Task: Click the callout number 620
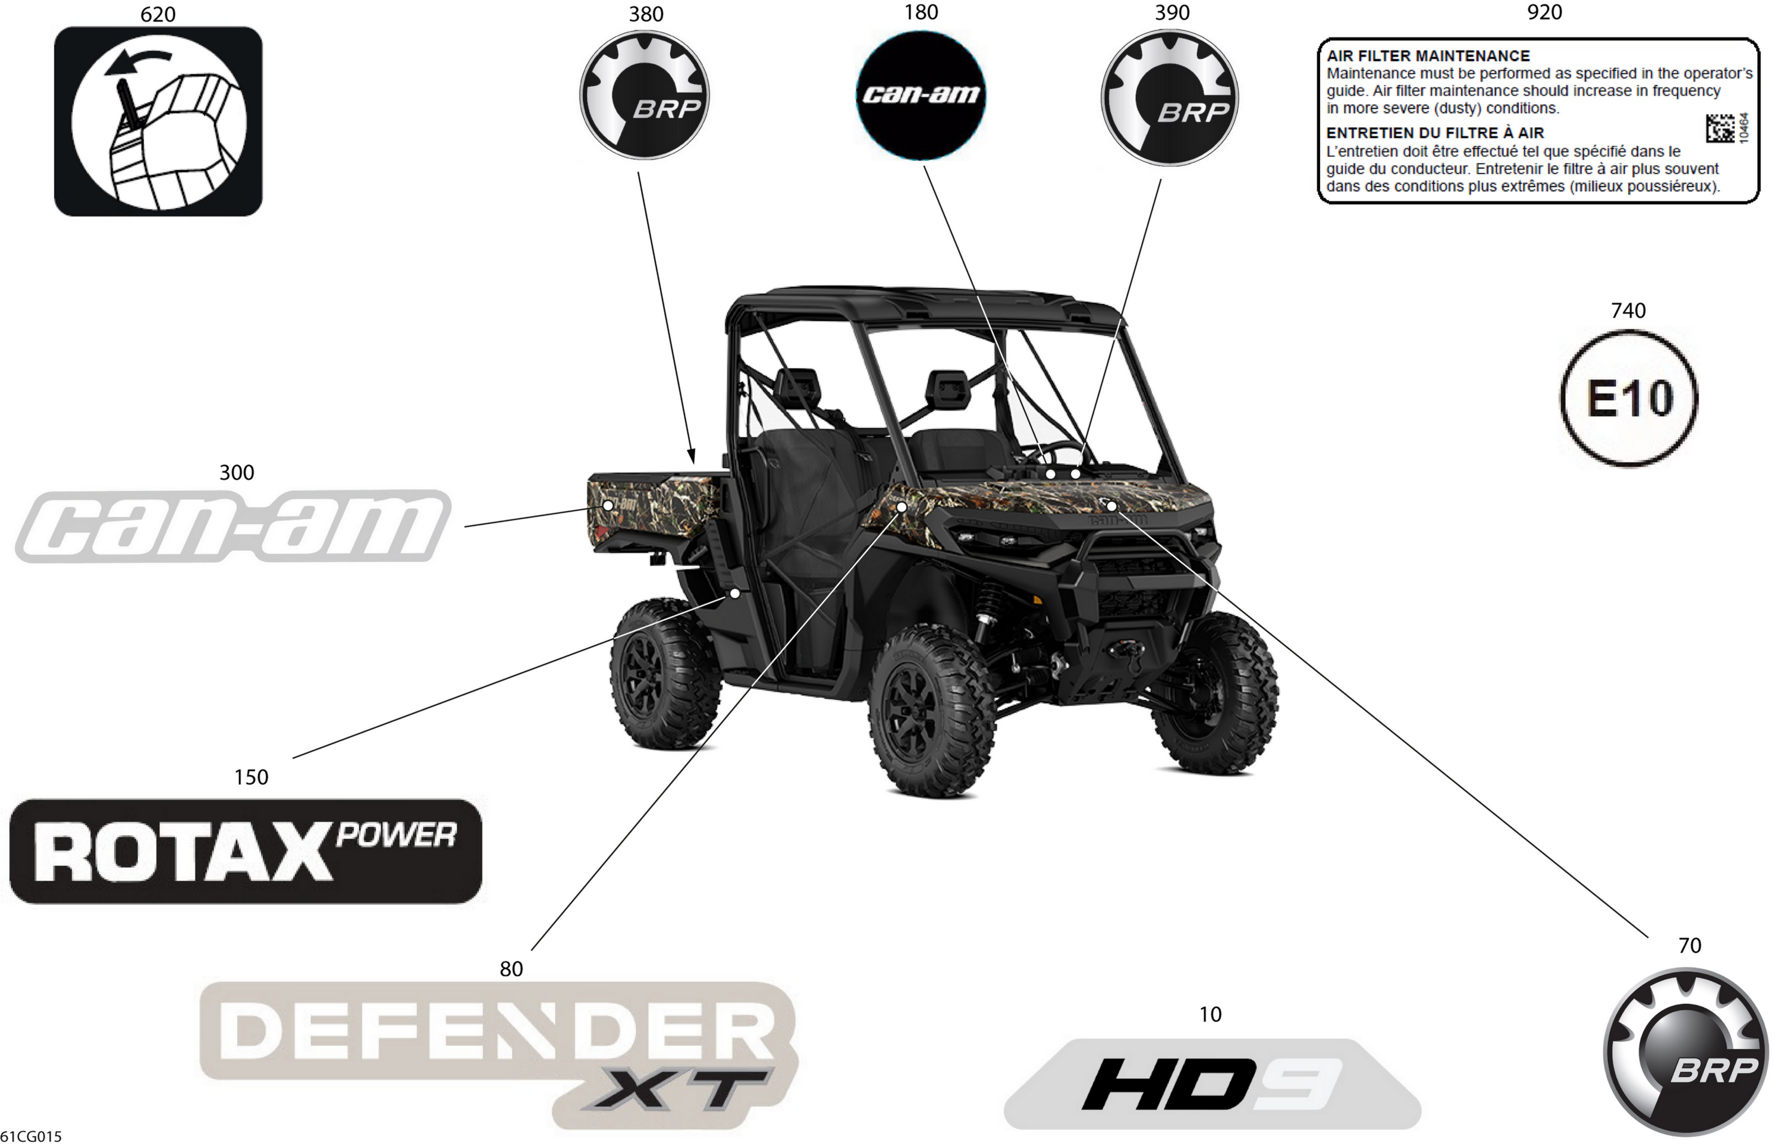pos(158,14)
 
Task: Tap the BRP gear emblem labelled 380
pos(644,95)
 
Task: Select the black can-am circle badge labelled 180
pos(921,95)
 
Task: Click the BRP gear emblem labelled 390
pos(1170,98)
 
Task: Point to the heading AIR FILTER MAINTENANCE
pos(1428,56)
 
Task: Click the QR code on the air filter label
pos(1720,128)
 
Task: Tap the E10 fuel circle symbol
pos(1629,398)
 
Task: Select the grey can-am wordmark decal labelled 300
pos(233,526)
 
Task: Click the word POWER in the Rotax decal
pos(396,835)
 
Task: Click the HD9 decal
pos(1212,1084)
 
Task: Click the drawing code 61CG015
pos(32,1136)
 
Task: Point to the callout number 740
pos(1629,310)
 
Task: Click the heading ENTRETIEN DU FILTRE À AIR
pos(1435,133)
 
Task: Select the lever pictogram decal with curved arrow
pos(158,121)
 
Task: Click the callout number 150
pos(251,777)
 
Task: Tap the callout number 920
pos(1544,12)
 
